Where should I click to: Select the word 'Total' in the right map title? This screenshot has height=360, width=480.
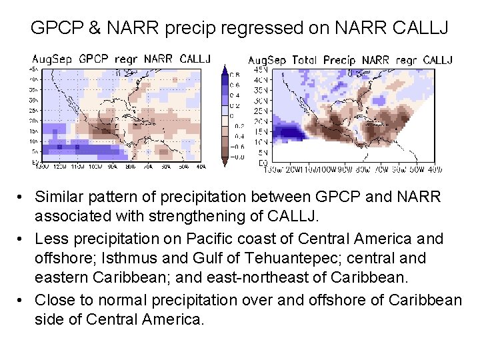(x=306, y=61)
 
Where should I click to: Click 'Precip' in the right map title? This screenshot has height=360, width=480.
(x=341, y=61)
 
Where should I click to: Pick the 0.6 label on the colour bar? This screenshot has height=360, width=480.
(x=235, y=85)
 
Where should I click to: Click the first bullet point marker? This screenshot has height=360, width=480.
(x=23, y=197)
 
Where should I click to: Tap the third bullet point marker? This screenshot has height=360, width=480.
(x=23, y=301)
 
